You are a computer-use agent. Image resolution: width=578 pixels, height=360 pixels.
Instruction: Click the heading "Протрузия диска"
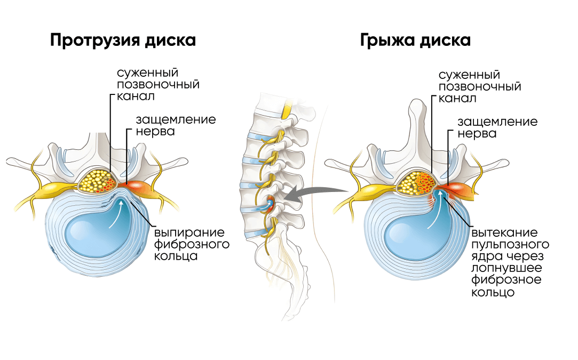click(x=123, y=41)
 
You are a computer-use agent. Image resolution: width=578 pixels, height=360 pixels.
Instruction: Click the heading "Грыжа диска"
click(x=415, y=41)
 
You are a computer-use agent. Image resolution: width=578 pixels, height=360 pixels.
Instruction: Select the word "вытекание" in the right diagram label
click(x=504, y=234)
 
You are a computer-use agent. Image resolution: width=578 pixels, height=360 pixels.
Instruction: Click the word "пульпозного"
click(x=510, y=245)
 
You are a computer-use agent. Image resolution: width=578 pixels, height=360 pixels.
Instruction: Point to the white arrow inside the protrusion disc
click(x=116, y=216)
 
